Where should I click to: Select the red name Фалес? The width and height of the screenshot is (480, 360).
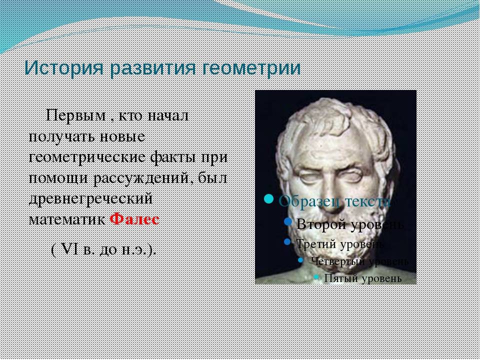click(x=134, y=219)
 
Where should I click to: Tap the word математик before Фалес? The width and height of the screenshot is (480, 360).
click(x=68, y=219)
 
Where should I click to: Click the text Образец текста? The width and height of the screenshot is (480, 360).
click(x=334, y=200)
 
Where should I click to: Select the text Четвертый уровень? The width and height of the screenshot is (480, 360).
click(x=359, y=261)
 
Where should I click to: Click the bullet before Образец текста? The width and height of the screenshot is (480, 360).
click(x=269, y=199)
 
